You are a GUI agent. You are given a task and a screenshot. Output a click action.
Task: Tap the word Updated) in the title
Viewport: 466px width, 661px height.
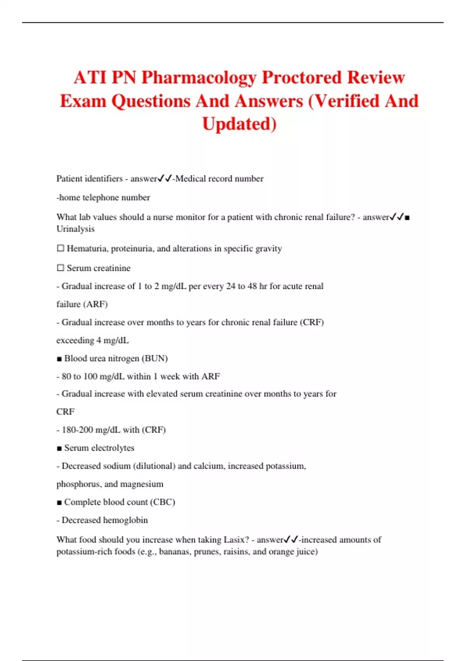[x=239, y=124]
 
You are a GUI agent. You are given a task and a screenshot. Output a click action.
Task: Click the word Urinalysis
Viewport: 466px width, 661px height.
[x=75, y=229]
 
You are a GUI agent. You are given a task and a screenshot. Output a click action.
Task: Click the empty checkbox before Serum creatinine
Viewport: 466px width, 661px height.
[x=60, y=268]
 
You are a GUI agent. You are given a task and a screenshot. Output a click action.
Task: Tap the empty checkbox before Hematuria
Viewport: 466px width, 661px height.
[x=60, y=248]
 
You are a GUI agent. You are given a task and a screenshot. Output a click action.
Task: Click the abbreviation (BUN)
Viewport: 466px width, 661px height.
[x=155, y=358]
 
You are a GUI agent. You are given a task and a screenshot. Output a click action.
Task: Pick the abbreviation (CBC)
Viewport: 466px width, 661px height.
[x=162, y=502]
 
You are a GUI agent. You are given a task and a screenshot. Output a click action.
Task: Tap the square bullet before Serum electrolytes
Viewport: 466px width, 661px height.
[x=59, y=448]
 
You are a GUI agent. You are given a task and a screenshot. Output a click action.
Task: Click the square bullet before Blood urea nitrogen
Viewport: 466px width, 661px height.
[x=59, y=359]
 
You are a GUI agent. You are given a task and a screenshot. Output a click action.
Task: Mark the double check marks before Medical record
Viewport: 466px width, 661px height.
[x=165, y=178]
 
